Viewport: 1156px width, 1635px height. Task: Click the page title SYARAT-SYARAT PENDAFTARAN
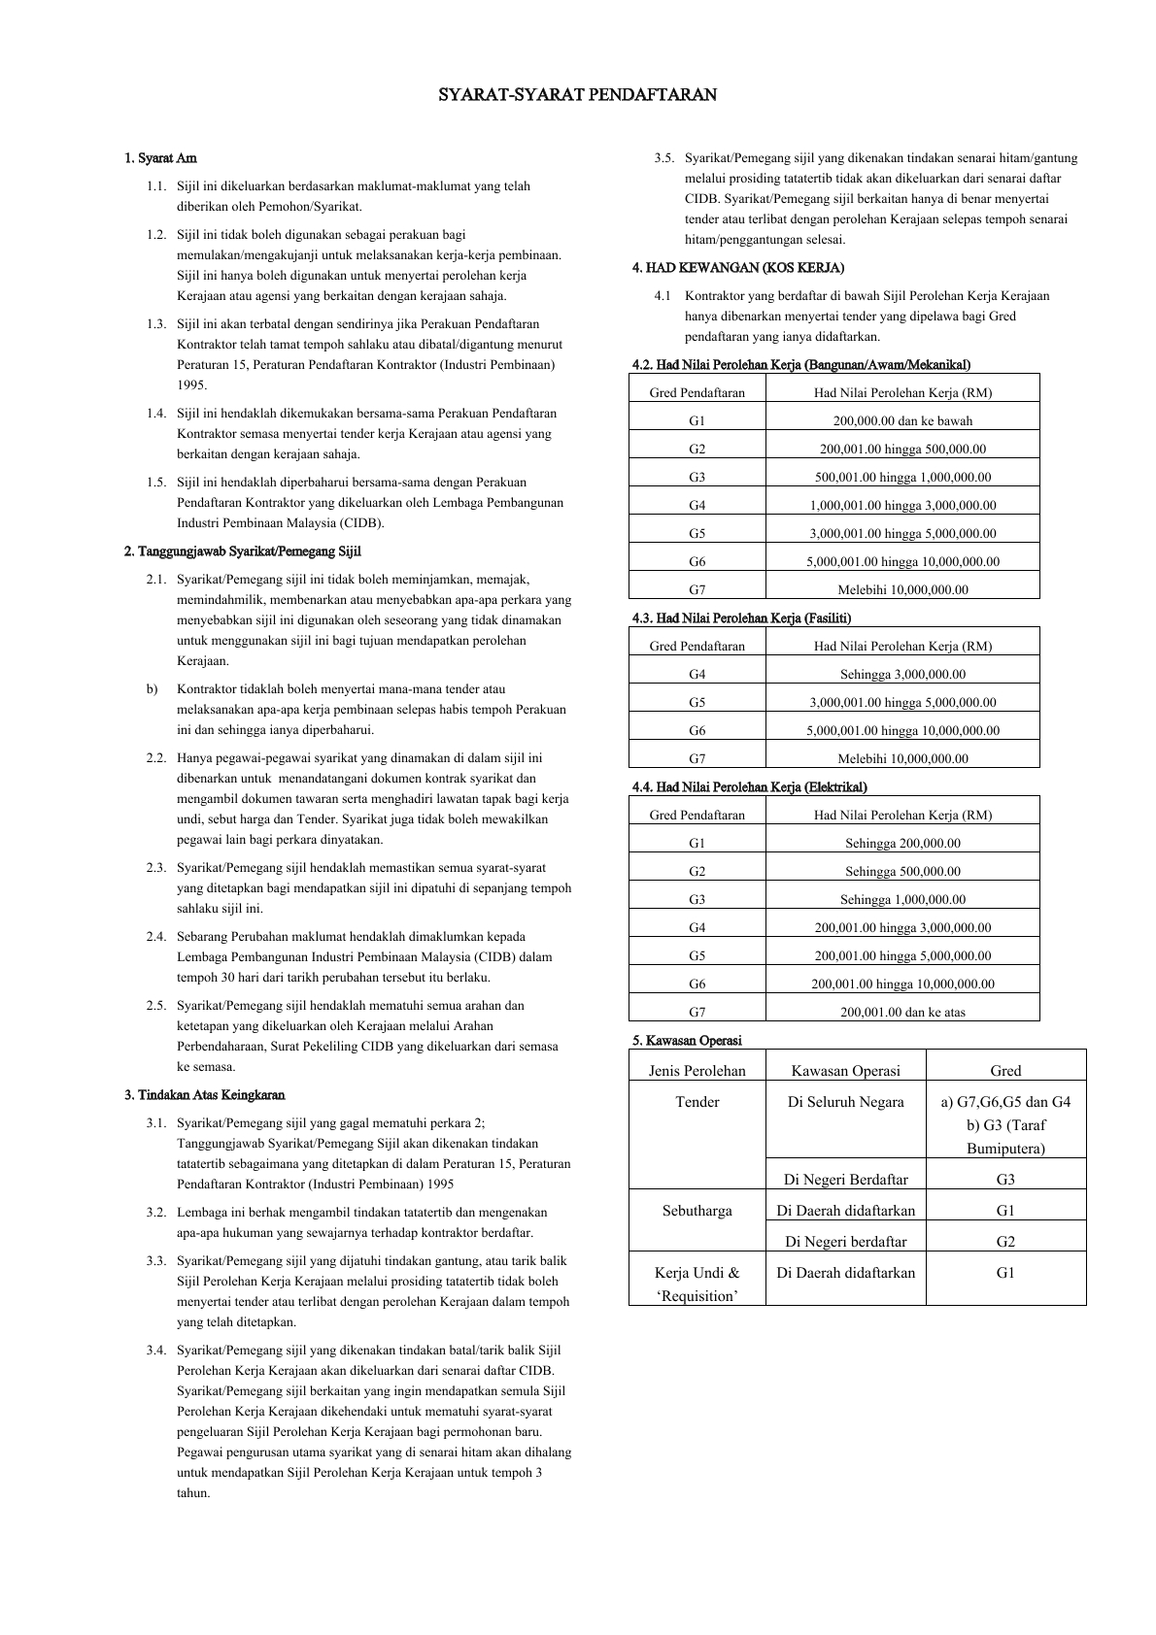(x=577, y=95)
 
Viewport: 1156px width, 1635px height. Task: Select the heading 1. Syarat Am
(x=160, y=157)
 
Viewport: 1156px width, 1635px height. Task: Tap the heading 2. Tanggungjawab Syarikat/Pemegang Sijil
(x=242, y=551)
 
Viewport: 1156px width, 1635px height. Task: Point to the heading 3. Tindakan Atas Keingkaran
(x=204, y=1095)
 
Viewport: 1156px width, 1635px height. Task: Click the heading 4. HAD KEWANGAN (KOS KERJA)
(x=737, y=267)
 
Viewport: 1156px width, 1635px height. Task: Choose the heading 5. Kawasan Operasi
(x=686, y=1040)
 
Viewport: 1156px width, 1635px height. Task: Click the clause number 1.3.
(x=156, y=323)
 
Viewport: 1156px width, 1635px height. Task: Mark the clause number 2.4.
(x=156, y=936)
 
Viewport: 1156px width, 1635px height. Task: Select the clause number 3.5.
(x=664, y=157)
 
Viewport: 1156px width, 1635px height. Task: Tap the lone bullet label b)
(x=153, y=688)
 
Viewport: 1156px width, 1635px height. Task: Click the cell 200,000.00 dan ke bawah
(x=902, y=420)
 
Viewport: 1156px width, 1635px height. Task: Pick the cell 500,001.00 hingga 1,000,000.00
(x=902, y=477)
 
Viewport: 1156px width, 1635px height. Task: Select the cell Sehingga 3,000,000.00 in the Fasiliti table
(x=902, y=674)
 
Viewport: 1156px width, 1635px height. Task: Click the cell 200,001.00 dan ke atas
(x=902, y=1012)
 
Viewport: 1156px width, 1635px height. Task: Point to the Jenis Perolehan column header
(x=697, y=1070)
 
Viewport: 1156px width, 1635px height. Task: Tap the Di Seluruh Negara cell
(x=845, y=1101)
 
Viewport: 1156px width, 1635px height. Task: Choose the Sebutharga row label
(x=697, y=1210)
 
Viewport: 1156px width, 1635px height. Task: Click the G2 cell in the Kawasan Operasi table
(x=1004, y=1241)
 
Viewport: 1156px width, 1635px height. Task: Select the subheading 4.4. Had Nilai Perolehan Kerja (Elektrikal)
(x=749, y=786)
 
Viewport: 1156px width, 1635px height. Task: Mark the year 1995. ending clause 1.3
(x=191, y=384)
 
